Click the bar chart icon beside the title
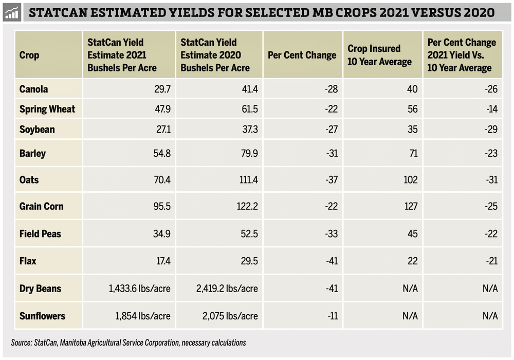pyautogui.click(x=11, y=12)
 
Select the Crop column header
pyautogui.click(x=29, y=55)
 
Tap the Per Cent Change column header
pyautogui.click(x=302, y=55)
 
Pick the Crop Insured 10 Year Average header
pyautogui.click(x=379, y=55)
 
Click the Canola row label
pyautogui.click(x=33, y=89)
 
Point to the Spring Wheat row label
pyautogui.click(x=47, y=109)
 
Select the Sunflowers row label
pyautogui.click(x=43, y=316)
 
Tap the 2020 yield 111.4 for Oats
pyautogui.click(x=246, y=181)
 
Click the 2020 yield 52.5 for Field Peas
pyautogui.click(x=248, y=234)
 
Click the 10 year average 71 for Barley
pyautogui.click(x=413, y=154)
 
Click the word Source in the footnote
pyautogui.click(x=21, y=343)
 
